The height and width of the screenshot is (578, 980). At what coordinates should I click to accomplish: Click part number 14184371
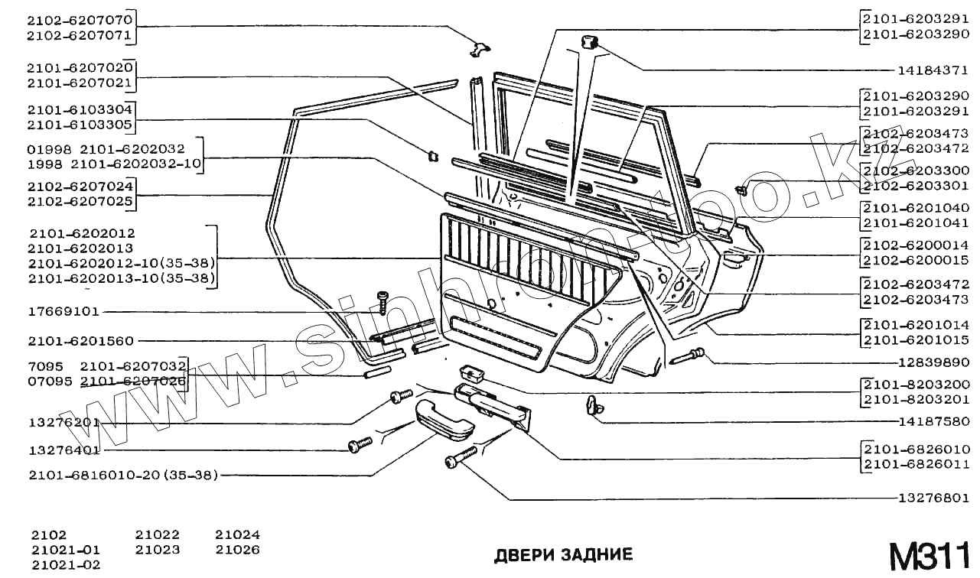(x=933, y=70)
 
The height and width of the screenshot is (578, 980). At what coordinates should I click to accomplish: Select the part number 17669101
(x=63, y=312)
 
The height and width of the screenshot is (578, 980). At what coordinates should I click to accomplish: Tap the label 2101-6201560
(x=80, y=341)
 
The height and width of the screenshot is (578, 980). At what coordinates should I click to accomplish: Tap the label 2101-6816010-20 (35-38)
(x=123, y=476)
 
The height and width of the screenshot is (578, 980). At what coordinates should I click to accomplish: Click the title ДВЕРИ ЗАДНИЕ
(x=564, y=554)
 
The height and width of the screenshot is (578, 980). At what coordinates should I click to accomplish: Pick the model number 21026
(x=237, y=550)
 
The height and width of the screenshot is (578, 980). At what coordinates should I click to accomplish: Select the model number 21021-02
(x=66, y=565)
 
